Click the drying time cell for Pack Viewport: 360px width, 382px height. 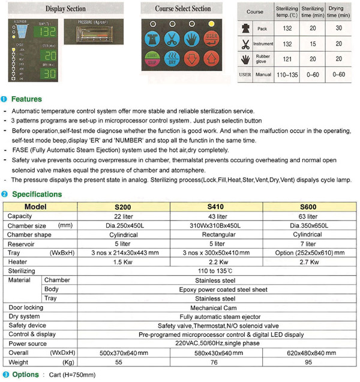coord(338,28)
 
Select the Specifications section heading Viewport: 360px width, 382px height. coord(37,194)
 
